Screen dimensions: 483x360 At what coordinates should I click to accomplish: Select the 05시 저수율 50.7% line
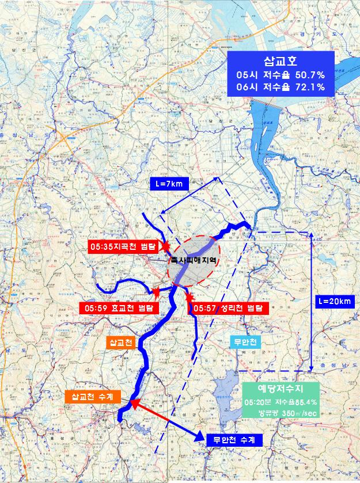(x=281, y=75)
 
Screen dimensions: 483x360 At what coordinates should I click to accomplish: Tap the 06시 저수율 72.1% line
(x=281, y=87)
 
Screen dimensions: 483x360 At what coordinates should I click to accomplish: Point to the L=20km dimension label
(x=334, y=301)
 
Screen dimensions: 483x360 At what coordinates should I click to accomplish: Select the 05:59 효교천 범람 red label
(x=116, y=308)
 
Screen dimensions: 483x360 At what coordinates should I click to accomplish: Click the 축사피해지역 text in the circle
(x=193, y=260)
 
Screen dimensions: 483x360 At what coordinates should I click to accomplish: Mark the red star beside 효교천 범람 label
(x=154, y=292)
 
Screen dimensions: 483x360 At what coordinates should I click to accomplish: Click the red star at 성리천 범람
(x=190, y=297)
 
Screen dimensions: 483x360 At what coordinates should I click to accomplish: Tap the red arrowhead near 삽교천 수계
(x=134, y=403)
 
